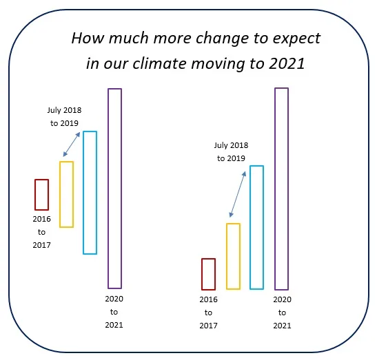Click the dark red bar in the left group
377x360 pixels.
[35, 195]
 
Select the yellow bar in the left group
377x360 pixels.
[60, 194]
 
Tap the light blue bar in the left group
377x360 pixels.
[83, 193]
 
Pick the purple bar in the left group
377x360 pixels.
[108, 189]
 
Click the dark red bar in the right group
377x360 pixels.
[202, 274]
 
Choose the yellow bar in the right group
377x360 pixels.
[227, 256]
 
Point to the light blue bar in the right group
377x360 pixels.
[251, 227]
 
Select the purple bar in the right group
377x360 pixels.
[275, 189]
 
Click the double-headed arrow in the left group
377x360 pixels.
[72, 145]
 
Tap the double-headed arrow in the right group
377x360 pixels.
[238, 194]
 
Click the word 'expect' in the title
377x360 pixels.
[296, 39]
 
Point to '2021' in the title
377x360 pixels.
[287, 63]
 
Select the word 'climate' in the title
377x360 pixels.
[159, 63]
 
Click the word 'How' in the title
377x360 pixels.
[88, 38]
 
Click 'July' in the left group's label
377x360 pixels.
[54, 110]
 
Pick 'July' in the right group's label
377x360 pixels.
[221, 145]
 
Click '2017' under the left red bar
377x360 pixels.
[41, 245]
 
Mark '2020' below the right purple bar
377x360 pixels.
[283, 299]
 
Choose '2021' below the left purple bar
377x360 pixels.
[114, 325]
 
